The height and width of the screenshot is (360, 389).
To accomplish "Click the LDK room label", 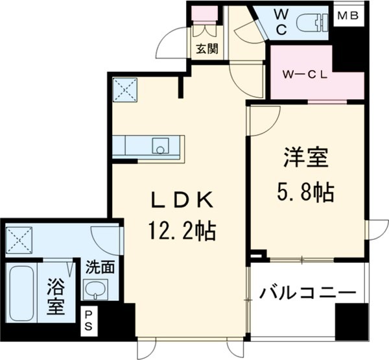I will pyautogui.click(x=182, y=201).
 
